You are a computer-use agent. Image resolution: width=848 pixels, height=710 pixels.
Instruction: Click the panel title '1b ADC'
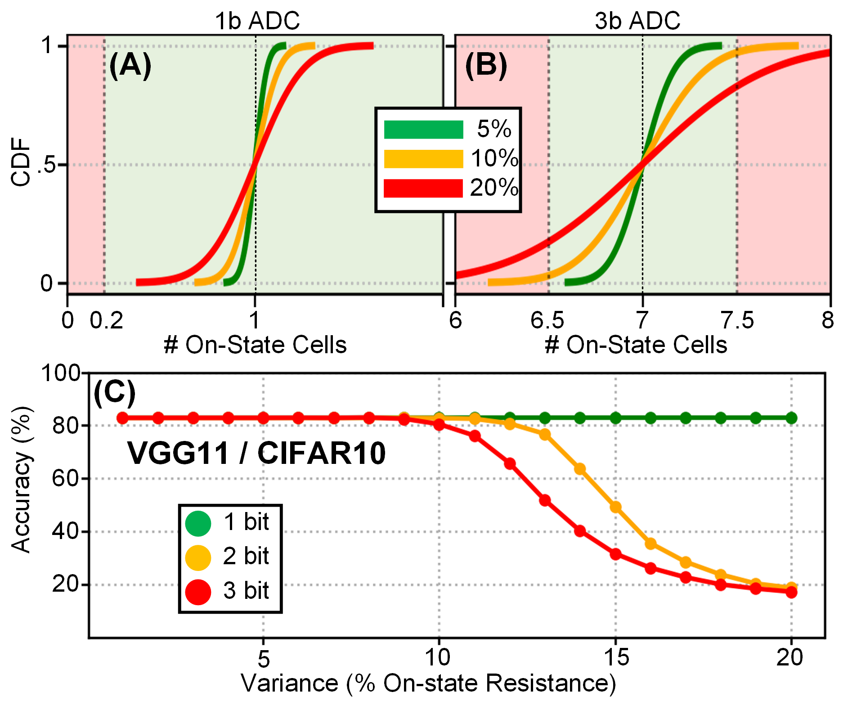257,21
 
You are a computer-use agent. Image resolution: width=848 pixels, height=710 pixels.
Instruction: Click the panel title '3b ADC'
637,21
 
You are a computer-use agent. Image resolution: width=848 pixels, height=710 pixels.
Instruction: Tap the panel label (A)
130,65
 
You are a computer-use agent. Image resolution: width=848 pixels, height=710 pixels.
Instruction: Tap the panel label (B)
486,65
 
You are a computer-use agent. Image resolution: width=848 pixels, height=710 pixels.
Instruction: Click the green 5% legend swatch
423,130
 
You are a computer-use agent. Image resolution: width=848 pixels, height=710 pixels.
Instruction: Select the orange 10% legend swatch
423,159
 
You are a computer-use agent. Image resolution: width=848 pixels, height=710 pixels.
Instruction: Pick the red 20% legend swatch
423,188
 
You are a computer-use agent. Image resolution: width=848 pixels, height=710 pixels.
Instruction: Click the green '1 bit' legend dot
198,523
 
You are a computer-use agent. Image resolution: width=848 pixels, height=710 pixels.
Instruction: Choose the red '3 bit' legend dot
198,592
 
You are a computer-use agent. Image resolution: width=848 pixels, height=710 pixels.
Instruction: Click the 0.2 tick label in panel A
107,321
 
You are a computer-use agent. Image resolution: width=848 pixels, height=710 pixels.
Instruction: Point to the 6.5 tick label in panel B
547,321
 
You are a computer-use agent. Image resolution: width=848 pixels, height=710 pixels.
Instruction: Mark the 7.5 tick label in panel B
737,321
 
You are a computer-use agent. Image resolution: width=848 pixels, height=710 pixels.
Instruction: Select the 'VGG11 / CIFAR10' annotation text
256,453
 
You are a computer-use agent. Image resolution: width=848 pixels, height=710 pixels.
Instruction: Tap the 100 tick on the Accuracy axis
60,373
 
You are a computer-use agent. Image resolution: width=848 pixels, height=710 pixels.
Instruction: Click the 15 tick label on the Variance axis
616,658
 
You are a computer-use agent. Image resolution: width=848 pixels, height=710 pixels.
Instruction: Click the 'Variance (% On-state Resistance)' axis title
428,683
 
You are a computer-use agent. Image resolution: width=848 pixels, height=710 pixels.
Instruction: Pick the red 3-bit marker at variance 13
545,500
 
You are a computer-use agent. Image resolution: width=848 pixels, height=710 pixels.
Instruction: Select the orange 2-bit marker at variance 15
615,507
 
